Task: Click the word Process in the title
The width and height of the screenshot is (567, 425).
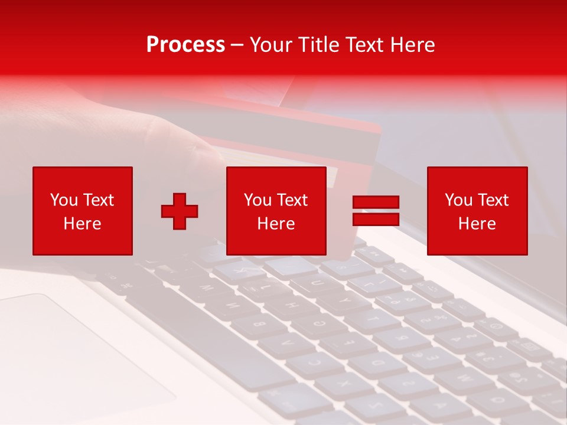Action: tap(185, 45)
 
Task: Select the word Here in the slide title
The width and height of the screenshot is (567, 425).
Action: tap(412, 45)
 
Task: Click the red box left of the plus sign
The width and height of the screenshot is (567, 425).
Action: tap(83, 211)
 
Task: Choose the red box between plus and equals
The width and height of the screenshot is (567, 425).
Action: tap(276, 211)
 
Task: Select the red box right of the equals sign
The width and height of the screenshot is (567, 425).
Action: tap(477, 211)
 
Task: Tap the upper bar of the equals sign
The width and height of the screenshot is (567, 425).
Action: tap(376, 202)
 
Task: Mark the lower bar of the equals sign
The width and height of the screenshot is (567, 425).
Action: tap(376, 219)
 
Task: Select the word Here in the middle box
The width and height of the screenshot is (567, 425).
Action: tap(276, 224)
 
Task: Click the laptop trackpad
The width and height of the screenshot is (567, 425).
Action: tap(65, 348)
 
